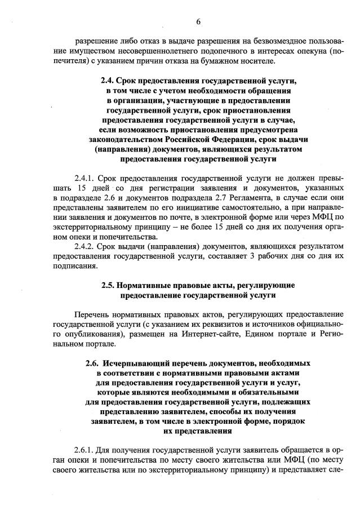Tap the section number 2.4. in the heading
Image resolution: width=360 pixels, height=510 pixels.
click(x=108, y=81)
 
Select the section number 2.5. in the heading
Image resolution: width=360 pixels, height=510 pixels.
click(x=109, y=285)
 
